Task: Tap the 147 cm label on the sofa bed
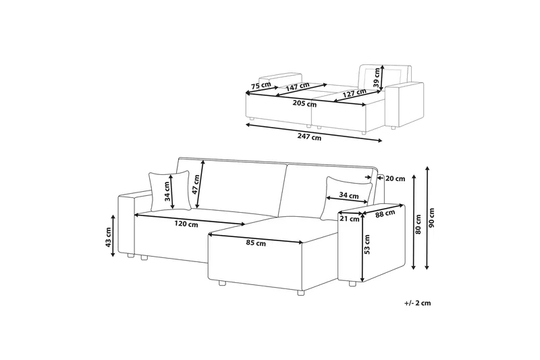tap(297, 86)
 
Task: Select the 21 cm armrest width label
tap(348, 219)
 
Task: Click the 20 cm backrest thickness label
tap(395, 178)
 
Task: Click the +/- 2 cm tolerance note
tap(417, 304)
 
